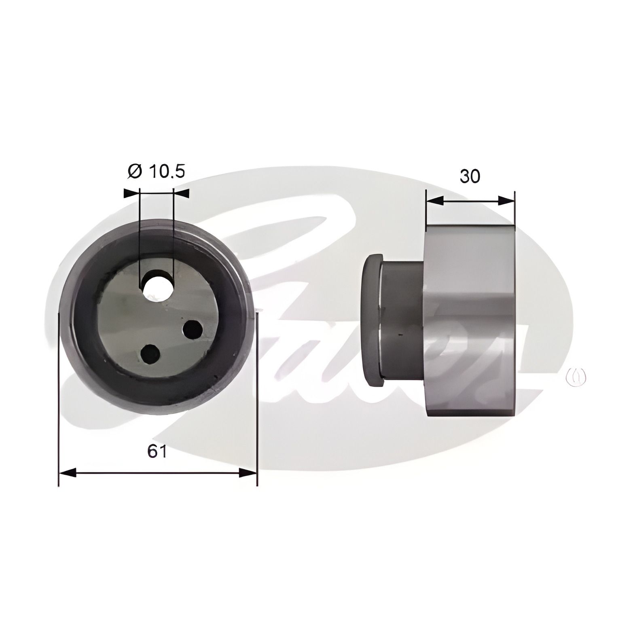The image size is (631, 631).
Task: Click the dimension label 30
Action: [x=470, y=176]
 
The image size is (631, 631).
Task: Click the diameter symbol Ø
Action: [x=135, y=172]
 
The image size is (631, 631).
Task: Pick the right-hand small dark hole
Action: [x=193, y=330]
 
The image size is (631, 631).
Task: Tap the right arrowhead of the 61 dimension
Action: [x=248, y=472]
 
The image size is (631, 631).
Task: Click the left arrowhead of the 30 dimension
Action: [x=435, y=200]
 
